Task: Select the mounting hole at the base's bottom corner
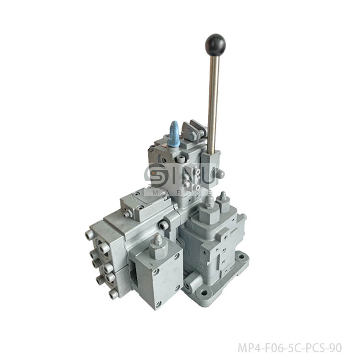[205, 292]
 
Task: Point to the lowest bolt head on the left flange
[114, 294]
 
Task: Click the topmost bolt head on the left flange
[89, 235]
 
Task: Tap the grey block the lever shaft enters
[211, 163]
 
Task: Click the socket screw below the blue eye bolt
[180, 159]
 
